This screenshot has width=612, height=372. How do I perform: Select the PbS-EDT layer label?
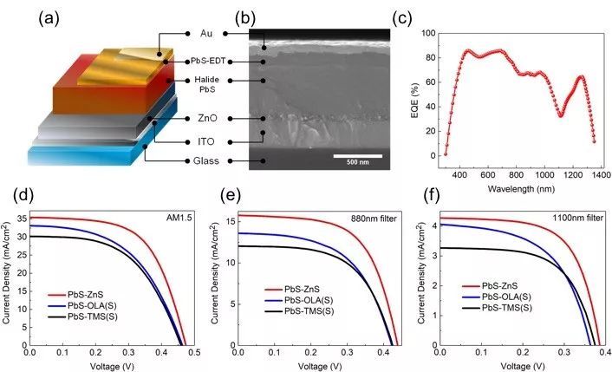206,62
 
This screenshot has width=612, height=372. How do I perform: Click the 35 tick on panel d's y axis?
21,218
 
